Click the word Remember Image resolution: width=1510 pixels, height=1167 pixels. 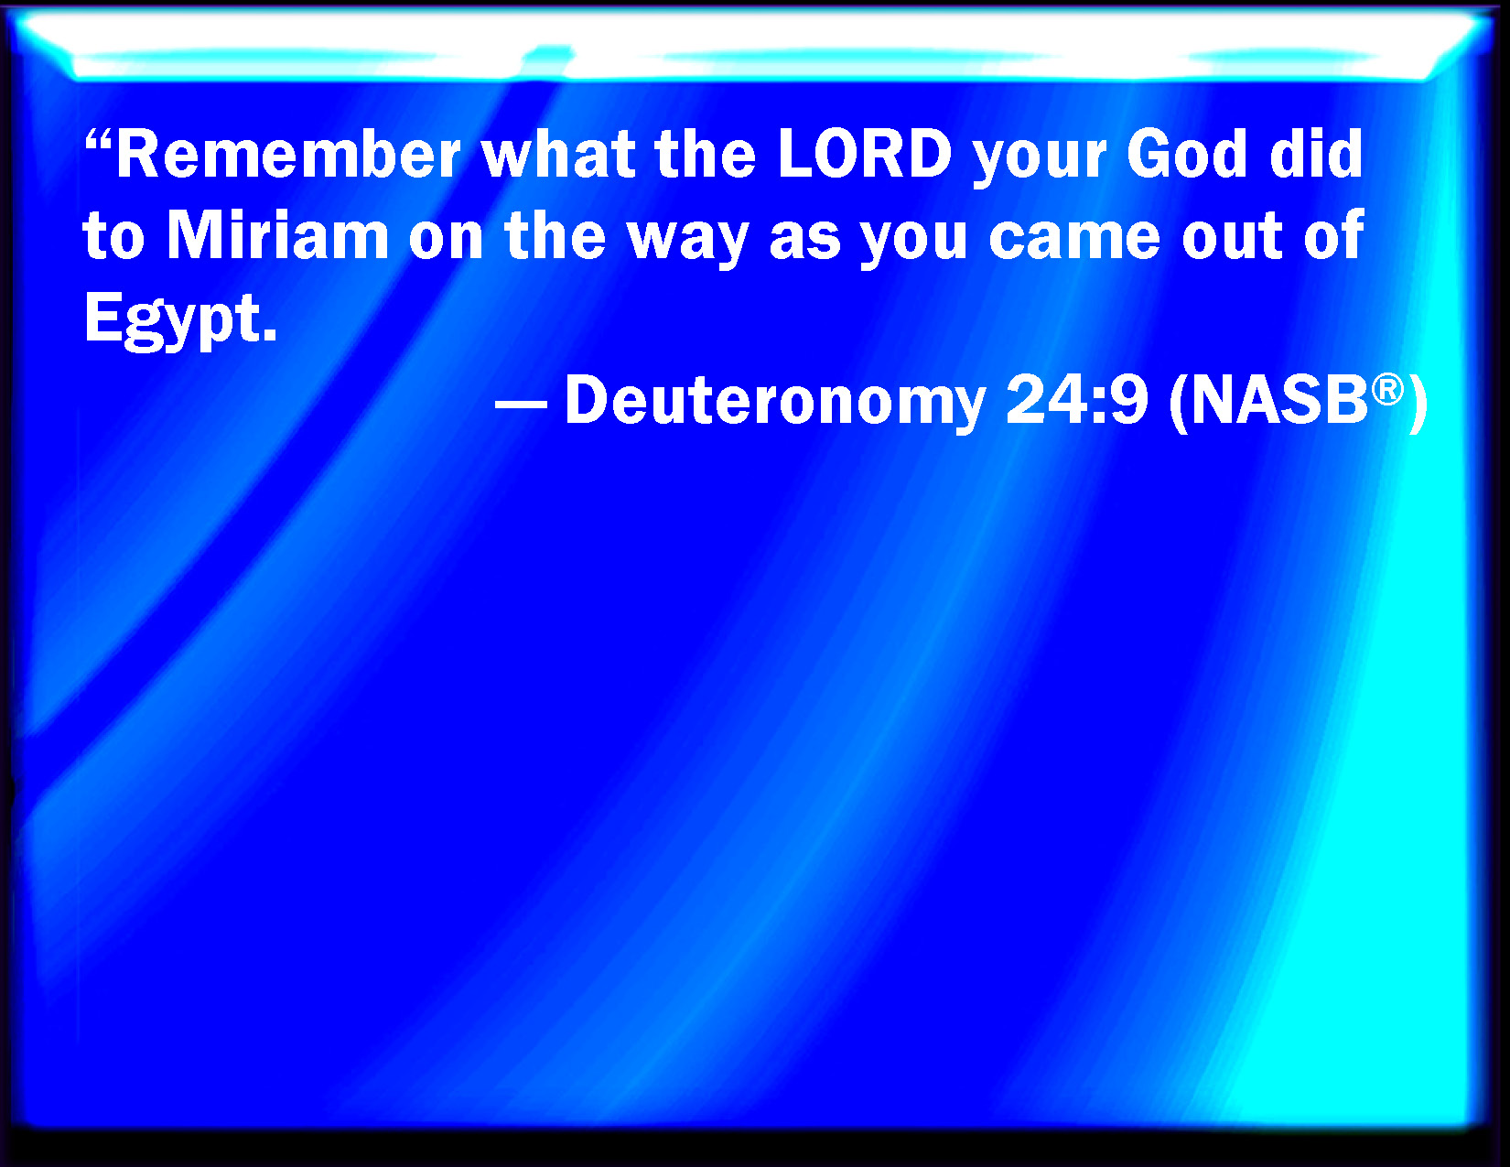pyautogui.click(x=287, y=154)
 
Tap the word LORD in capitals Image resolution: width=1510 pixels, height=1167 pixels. pyautogui.click(x=865, y=154)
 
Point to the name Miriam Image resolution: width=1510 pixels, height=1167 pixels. pyautogui.click(x=277, y=235)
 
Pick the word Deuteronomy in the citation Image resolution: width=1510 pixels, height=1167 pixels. pyautogui.click(x=775, y=402)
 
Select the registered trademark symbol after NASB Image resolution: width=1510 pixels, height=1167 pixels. pyautogui.click(x=1386, y=389)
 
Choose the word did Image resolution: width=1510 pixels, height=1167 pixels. pyautogui.click(x=1315, y=154)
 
